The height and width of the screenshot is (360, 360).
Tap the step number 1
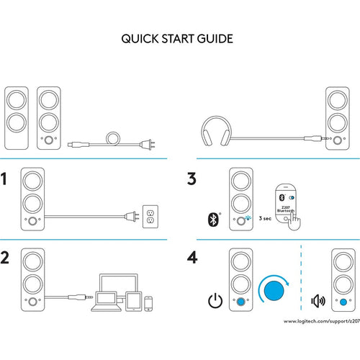(x=4, y=179)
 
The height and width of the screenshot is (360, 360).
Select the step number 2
(x=4, y=258)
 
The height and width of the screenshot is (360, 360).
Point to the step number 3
(x=192, y=179)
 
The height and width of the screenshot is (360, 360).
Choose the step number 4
(x=192, y=258)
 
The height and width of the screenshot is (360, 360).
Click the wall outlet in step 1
(x=150, y=216)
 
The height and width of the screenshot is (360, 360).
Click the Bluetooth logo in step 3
(x=213, y=219)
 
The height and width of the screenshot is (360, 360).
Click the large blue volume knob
(x=274, y=290)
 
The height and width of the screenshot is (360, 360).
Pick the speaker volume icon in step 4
(x=318, y=301)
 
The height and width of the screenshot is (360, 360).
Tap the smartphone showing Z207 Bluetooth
(x=285, y=203)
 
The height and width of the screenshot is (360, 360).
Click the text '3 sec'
(x=265, y=218)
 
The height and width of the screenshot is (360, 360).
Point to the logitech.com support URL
(x=322, y=321)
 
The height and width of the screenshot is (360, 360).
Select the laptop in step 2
(x=107, y=301)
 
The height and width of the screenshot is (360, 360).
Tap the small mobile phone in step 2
(x=148, y=304)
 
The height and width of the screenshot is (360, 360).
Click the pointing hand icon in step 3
(x=294, y=222)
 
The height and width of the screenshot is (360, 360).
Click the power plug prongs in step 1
(x=136, y=217)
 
